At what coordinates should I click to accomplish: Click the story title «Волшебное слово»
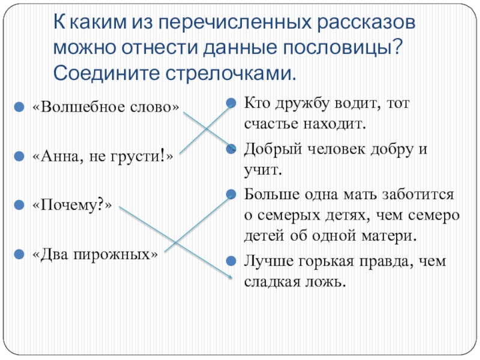[106, 107]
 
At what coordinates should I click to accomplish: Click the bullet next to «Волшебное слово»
[20, 107]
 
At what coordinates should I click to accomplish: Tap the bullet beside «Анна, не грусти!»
[20, 156]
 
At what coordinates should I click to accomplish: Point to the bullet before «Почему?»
[20, 205]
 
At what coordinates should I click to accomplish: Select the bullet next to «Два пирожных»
[20, 254]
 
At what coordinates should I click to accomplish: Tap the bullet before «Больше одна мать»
[231, 193]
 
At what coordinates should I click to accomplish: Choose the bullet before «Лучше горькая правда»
[231, 260]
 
